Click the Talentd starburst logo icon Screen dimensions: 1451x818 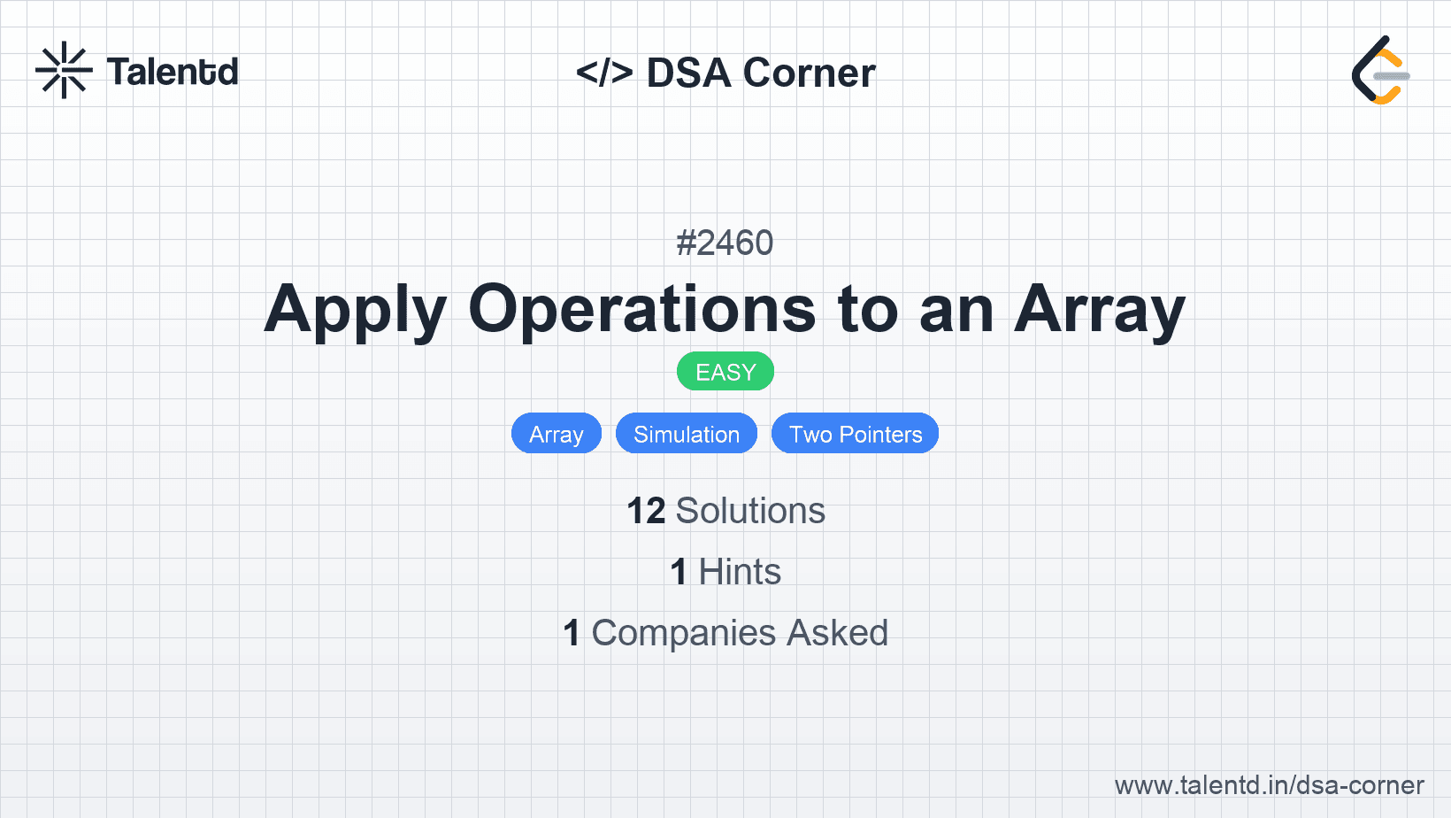tap(64, 70)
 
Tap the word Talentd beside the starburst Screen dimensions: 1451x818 tap(173, 72)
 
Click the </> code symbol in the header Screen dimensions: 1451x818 tap(604, 72)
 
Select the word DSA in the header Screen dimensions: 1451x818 tap(688, 72)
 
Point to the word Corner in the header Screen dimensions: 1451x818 tap(809, 72)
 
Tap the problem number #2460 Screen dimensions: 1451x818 tap(725, 243)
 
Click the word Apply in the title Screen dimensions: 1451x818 tap(355, 310)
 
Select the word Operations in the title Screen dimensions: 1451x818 tap(641, 309)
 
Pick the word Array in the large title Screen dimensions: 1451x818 tap(1099, 310)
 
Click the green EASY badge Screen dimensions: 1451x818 tap(725, 372)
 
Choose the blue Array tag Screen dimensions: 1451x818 tap(557, 434)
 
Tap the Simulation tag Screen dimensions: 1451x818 tap(687, 434)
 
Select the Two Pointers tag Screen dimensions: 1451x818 tap(855, 434)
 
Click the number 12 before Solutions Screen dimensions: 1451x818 tap(646, 511)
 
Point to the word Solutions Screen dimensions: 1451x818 tap(751, 511)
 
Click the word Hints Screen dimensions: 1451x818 tap(740, 572)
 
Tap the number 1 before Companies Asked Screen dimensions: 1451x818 tap(572, 633)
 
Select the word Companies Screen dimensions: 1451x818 tap(684, 633)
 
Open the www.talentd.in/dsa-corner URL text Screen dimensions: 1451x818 tap(1269, 785)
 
